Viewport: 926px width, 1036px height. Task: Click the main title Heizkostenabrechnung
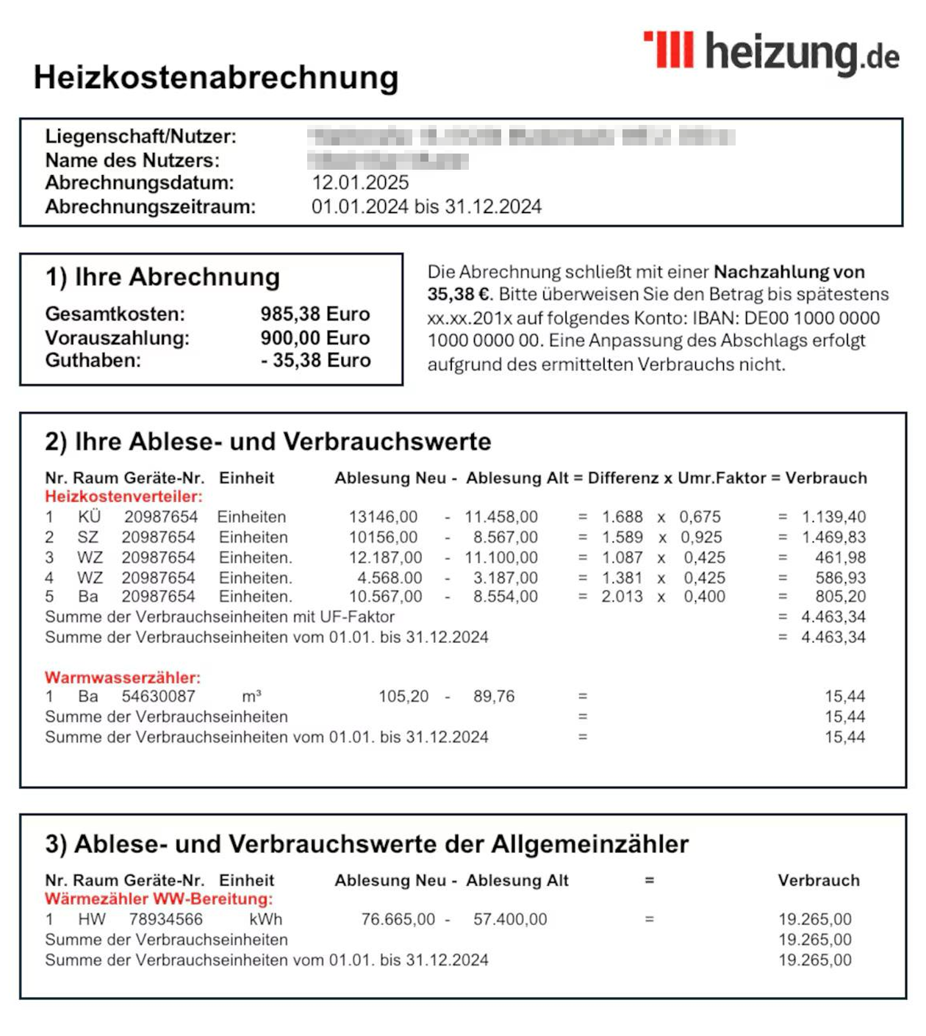[x=216, y=78]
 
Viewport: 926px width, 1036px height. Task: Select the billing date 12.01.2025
[x=360, y=183]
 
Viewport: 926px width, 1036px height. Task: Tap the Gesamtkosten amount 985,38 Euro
[x=315, y=314]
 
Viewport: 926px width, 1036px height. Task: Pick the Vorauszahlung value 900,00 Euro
[x=315, y=338]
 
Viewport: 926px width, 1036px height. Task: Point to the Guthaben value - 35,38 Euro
[x=316, y=361]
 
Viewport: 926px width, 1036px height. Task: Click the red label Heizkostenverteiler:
[x=123, y=497]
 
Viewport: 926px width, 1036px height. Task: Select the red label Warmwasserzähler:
[x=123, y=677]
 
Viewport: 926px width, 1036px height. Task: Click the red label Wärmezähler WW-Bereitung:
[x=159, y=899]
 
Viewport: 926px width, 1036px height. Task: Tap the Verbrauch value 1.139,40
[x=833, y=517]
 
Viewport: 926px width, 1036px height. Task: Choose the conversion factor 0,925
[x=700, y=538]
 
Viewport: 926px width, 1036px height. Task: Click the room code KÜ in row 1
[x=89, y=517]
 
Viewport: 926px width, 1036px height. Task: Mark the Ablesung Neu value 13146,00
[x=383, y=517]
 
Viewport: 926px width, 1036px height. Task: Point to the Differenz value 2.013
[x=622, y=597]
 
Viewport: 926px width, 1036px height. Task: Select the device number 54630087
[x=159, y=697]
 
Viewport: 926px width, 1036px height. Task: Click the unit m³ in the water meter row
[x=251, y=697]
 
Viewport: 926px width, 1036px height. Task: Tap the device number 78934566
[x=166, y=919]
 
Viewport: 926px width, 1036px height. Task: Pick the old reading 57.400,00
[x=510, y=919]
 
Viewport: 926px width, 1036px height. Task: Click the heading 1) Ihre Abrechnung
[x=162, y=277]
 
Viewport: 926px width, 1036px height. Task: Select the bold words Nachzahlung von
[x=789, y=273]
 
